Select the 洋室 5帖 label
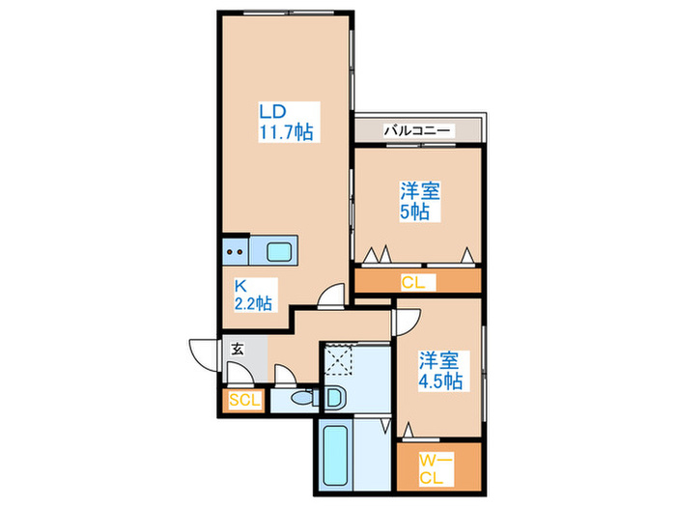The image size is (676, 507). tap(418, 200)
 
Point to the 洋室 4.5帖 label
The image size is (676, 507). tap(439, 370)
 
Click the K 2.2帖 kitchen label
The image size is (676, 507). tap(252, 295)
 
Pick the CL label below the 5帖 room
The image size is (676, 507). tap(417, 282)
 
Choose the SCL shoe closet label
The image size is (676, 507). tap(242, 400)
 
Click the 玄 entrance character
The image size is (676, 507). tap(238, 350)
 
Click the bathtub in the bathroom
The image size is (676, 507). tap(333, 460)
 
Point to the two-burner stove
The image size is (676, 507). tap(235, 253)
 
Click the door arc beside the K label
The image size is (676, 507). tap(332, 295)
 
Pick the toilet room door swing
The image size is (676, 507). tap(287, 377)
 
